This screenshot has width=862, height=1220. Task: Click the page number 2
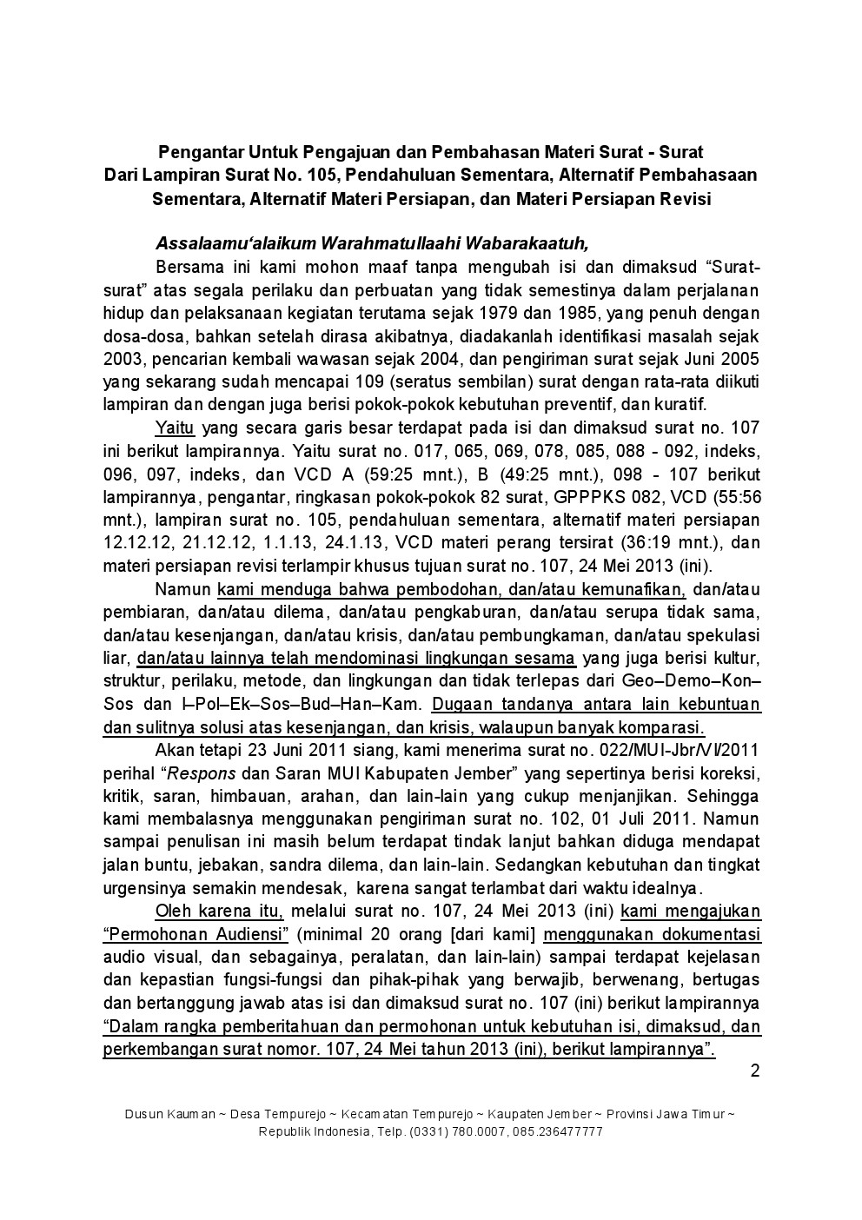coord(755,1071)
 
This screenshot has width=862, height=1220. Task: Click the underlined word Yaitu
coord(174,427)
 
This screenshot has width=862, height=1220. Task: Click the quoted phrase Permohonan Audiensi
coord(196,935)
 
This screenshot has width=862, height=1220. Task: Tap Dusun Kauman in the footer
coord(167,1114)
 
